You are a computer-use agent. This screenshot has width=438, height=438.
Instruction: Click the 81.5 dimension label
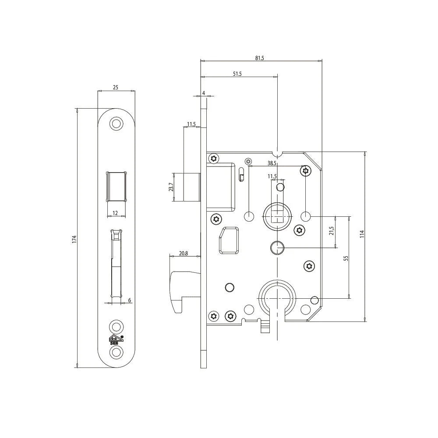pyautogui.click(x=259, y=58)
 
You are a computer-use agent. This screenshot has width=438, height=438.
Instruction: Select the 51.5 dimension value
pyautogui.click(x=237, y=74)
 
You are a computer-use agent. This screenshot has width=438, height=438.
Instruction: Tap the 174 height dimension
pyautogui.click(x=74, y=239)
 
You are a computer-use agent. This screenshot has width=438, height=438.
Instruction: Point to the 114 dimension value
pyautogui.click(x=362, y=234)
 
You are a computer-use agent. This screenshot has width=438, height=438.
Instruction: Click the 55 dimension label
pyautogui.click(x=346, y=258)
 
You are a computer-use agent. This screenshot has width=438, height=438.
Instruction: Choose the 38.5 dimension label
pyautogui.click(x=272, y=163)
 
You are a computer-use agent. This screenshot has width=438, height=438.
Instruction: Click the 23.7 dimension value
pyautogui.click(x=171, y=187)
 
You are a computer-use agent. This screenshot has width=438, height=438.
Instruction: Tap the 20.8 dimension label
pyautogui.click(x=183, y=253)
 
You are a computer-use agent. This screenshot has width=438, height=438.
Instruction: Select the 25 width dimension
pyautogui.click(x=115, y=88)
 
